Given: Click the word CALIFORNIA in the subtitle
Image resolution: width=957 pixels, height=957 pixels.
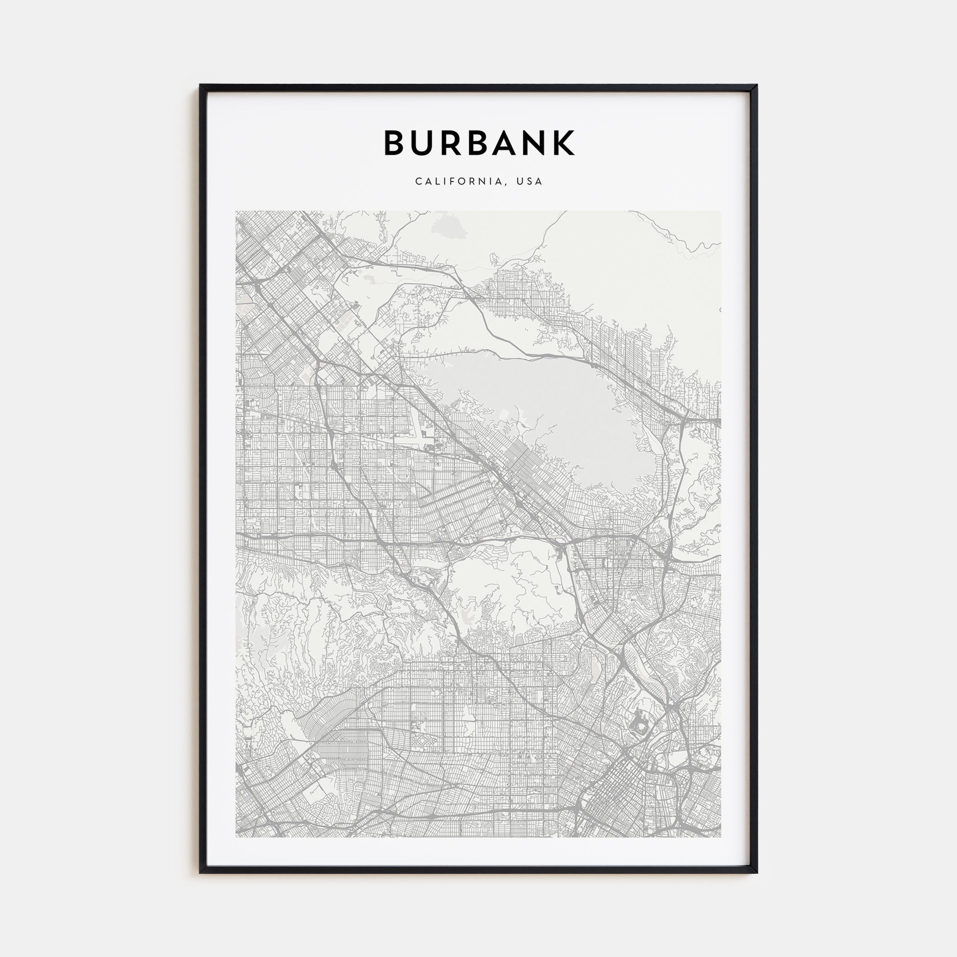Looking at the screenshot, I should (460, 182).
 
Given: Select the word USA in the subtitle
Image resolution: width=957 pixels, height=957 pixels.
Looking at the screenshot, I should (530, 182).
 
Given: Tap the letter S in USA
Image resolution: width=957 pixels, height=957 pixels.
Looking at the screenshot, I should (530, 182).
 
